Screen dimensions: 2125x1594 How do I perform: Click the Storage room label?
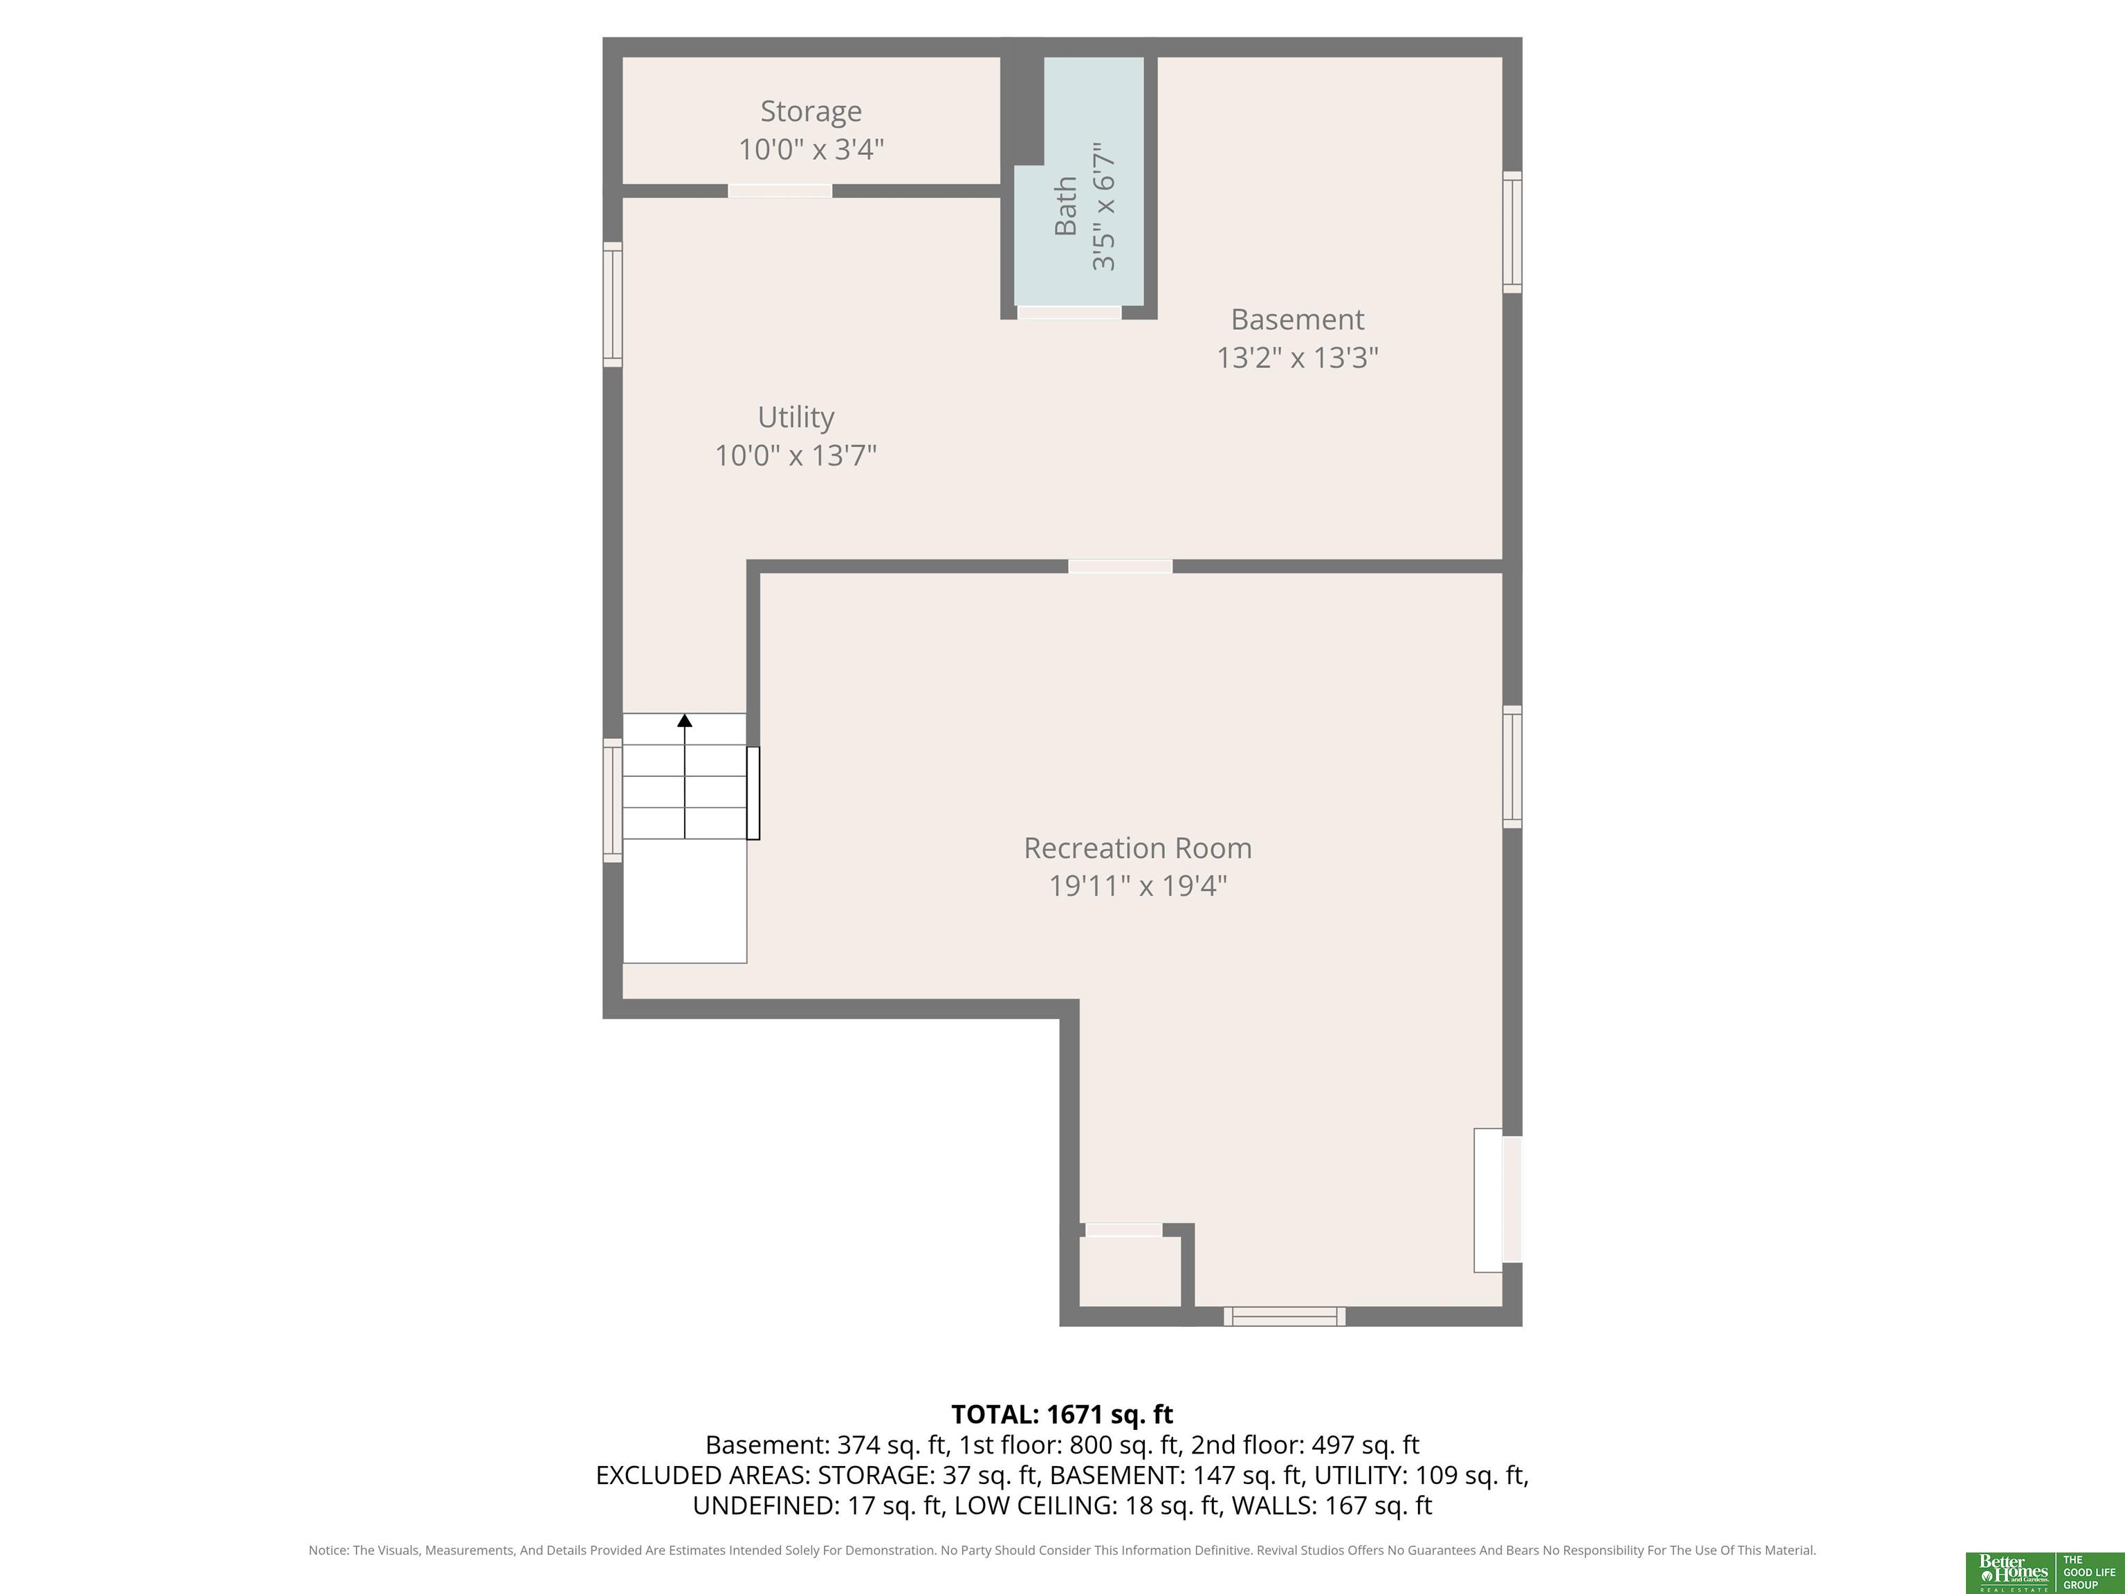coord(811,111)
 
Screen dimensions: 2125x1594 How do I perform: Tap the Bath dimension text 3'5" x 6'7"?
coord(1104,207)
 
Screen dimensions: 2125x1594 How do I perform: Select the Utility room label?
coord(795,417)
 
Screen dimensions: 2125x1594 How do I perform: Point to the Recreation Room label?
coord(1137,848)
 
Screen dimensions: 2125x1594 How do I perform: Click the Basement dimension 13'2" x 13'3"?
coord(1297,358)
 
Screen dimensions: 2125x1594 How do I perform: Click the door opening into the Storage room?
coord(780,191)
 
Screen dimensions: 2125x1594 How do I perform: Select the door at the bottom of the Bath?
coord(1069,312)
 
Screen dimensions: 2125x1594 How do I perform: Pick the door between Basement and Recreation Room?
coord(1120,567)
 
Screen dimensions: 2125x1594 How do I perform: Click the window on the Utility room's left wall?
coord(613,304)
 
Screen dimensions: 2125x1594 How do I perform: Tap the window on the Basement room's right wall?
coord(1512,232)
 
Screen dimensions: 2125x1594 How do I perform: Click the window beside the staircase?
coord(613,800)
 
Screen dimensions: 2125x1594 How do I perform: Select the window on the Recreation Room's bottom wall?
coord(1285,1317)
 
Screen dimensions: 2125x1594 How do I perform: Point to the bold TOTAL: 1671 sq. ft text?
coord(1062,1414)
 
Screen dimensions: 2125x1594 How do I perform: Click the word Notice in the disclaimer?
coord(328,1550)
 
